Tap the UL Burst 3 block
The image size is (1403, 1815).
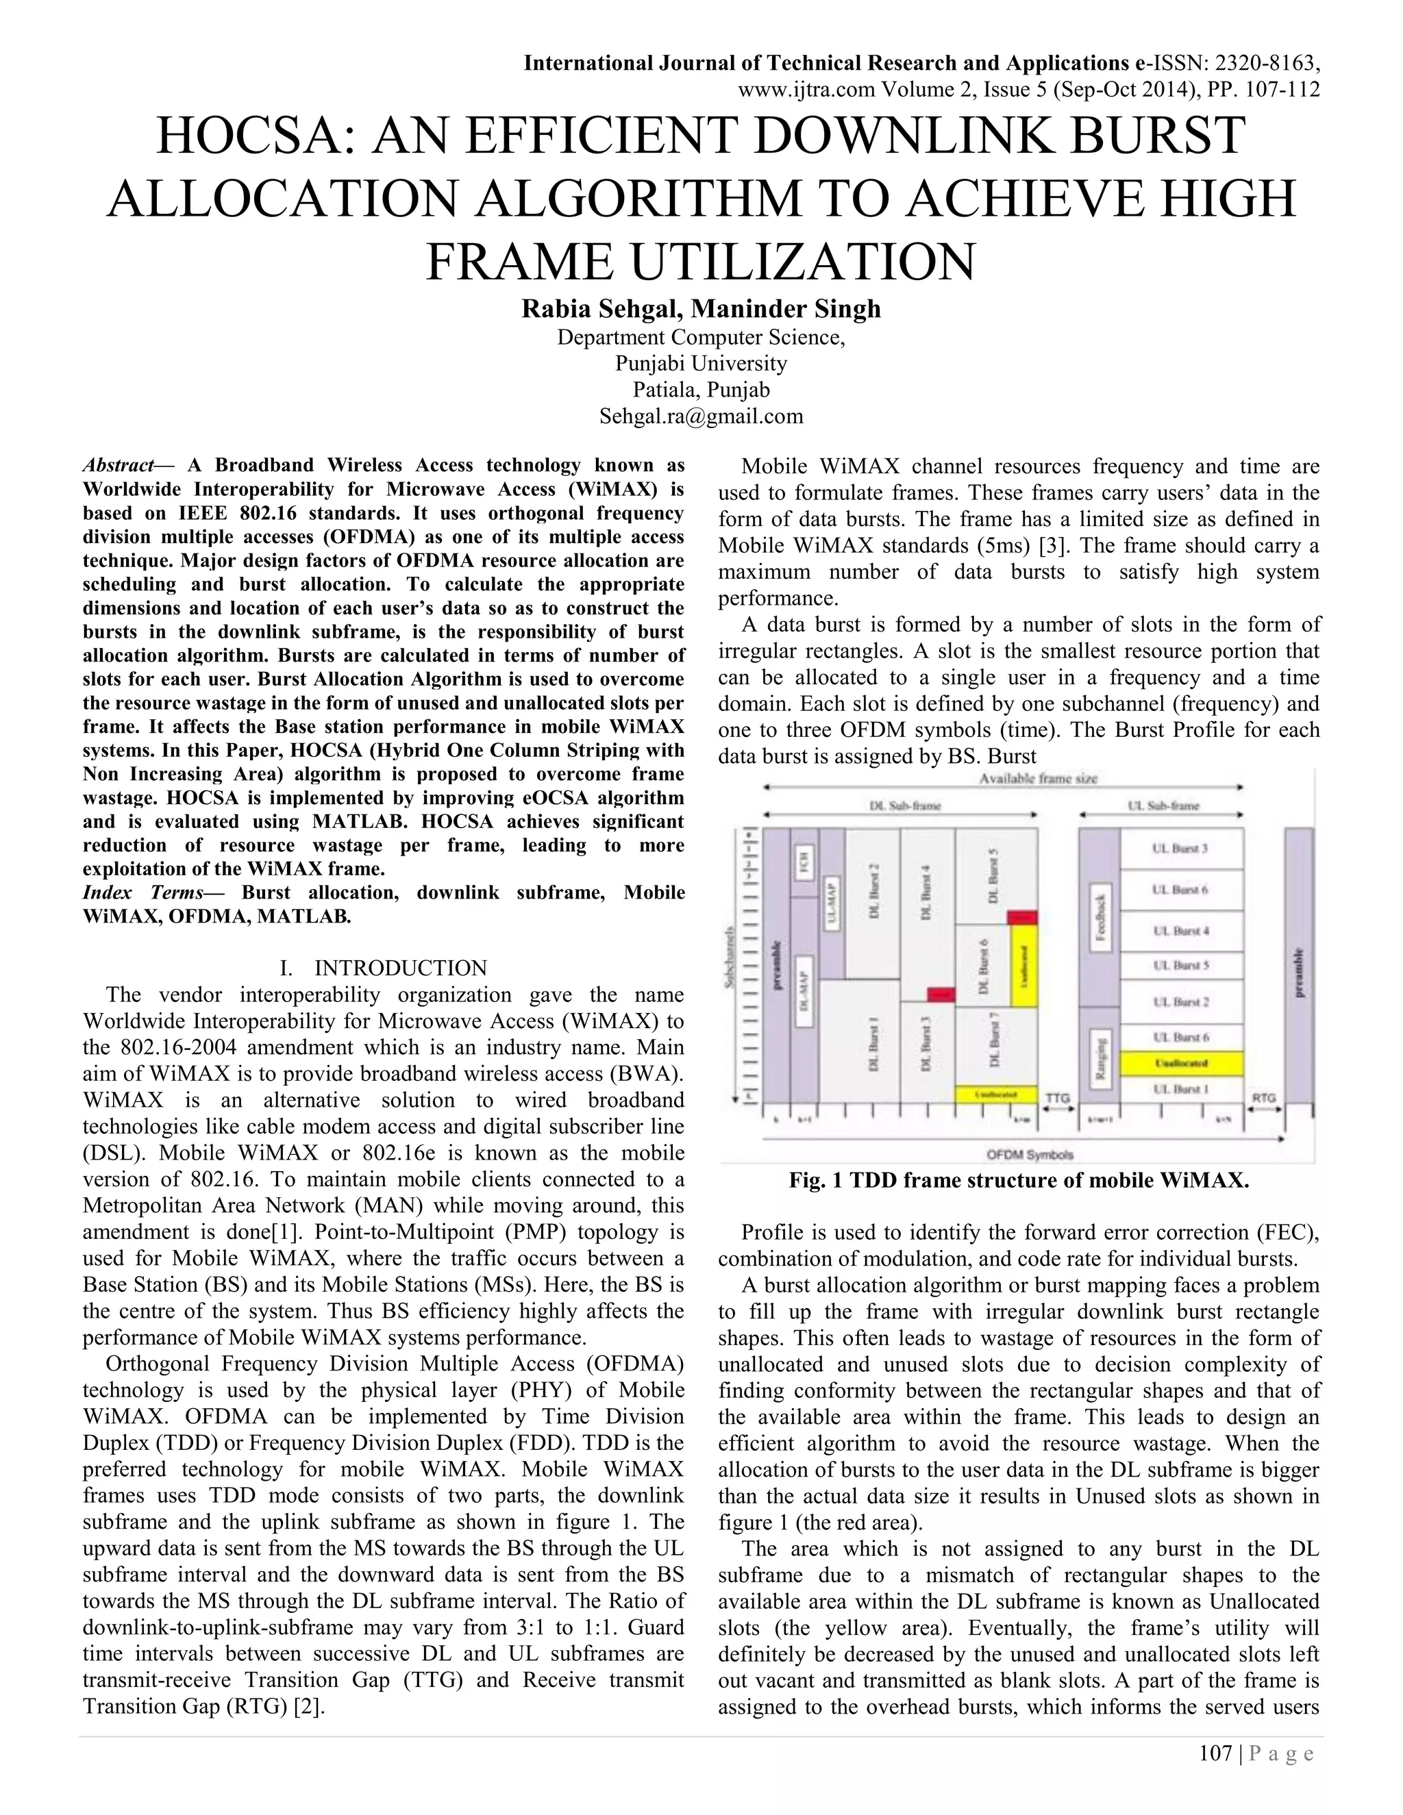click(x=1180, y=849)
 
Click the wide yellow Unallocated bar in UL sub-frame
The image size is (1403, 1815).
click(x=1180, y=1063)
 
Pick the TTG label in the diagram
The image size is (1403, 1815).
click(x=1057, y=1098)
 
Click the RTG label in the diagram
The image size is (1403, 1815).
click(x=1263, y=1098)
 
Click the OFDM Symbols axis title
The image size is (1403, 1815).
click(x=1030, y=1154)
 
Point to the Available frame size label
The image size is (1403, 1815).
click(x=1038, y=779)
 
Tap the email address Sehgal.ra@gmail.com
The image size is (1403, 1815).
click(x=701, y=416)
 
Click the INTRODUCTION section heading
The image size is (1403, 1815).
click(x=400, y=968)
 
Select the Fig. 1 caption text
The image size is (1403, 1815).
click(x=1018, y=1181)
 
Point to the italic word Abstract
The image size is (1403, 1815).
click(x=118, y=465)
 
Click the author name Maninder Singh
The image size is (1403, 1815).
click(x=786, y=309)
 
